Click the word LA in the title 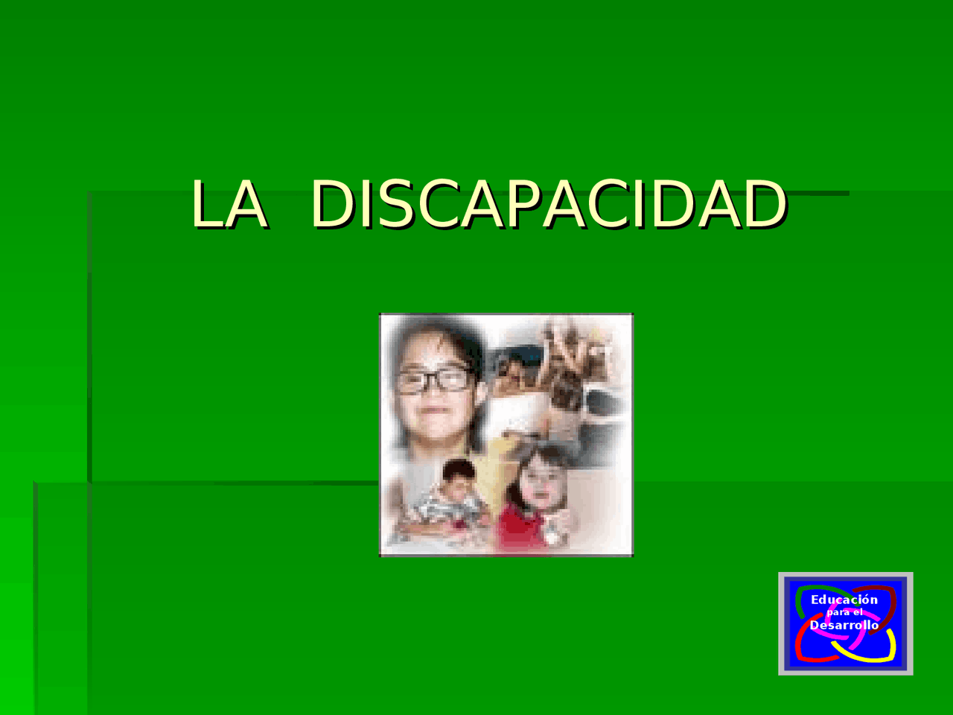point(230,204)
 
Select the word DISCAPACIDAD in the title point(549,204)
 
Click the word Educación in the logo point(844,600)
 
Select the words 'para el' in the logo point(844,612)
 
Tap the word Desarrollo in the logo point(844,625)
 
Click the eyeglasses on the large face point(434,381)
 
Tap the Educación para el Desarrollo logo point(845,624)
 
